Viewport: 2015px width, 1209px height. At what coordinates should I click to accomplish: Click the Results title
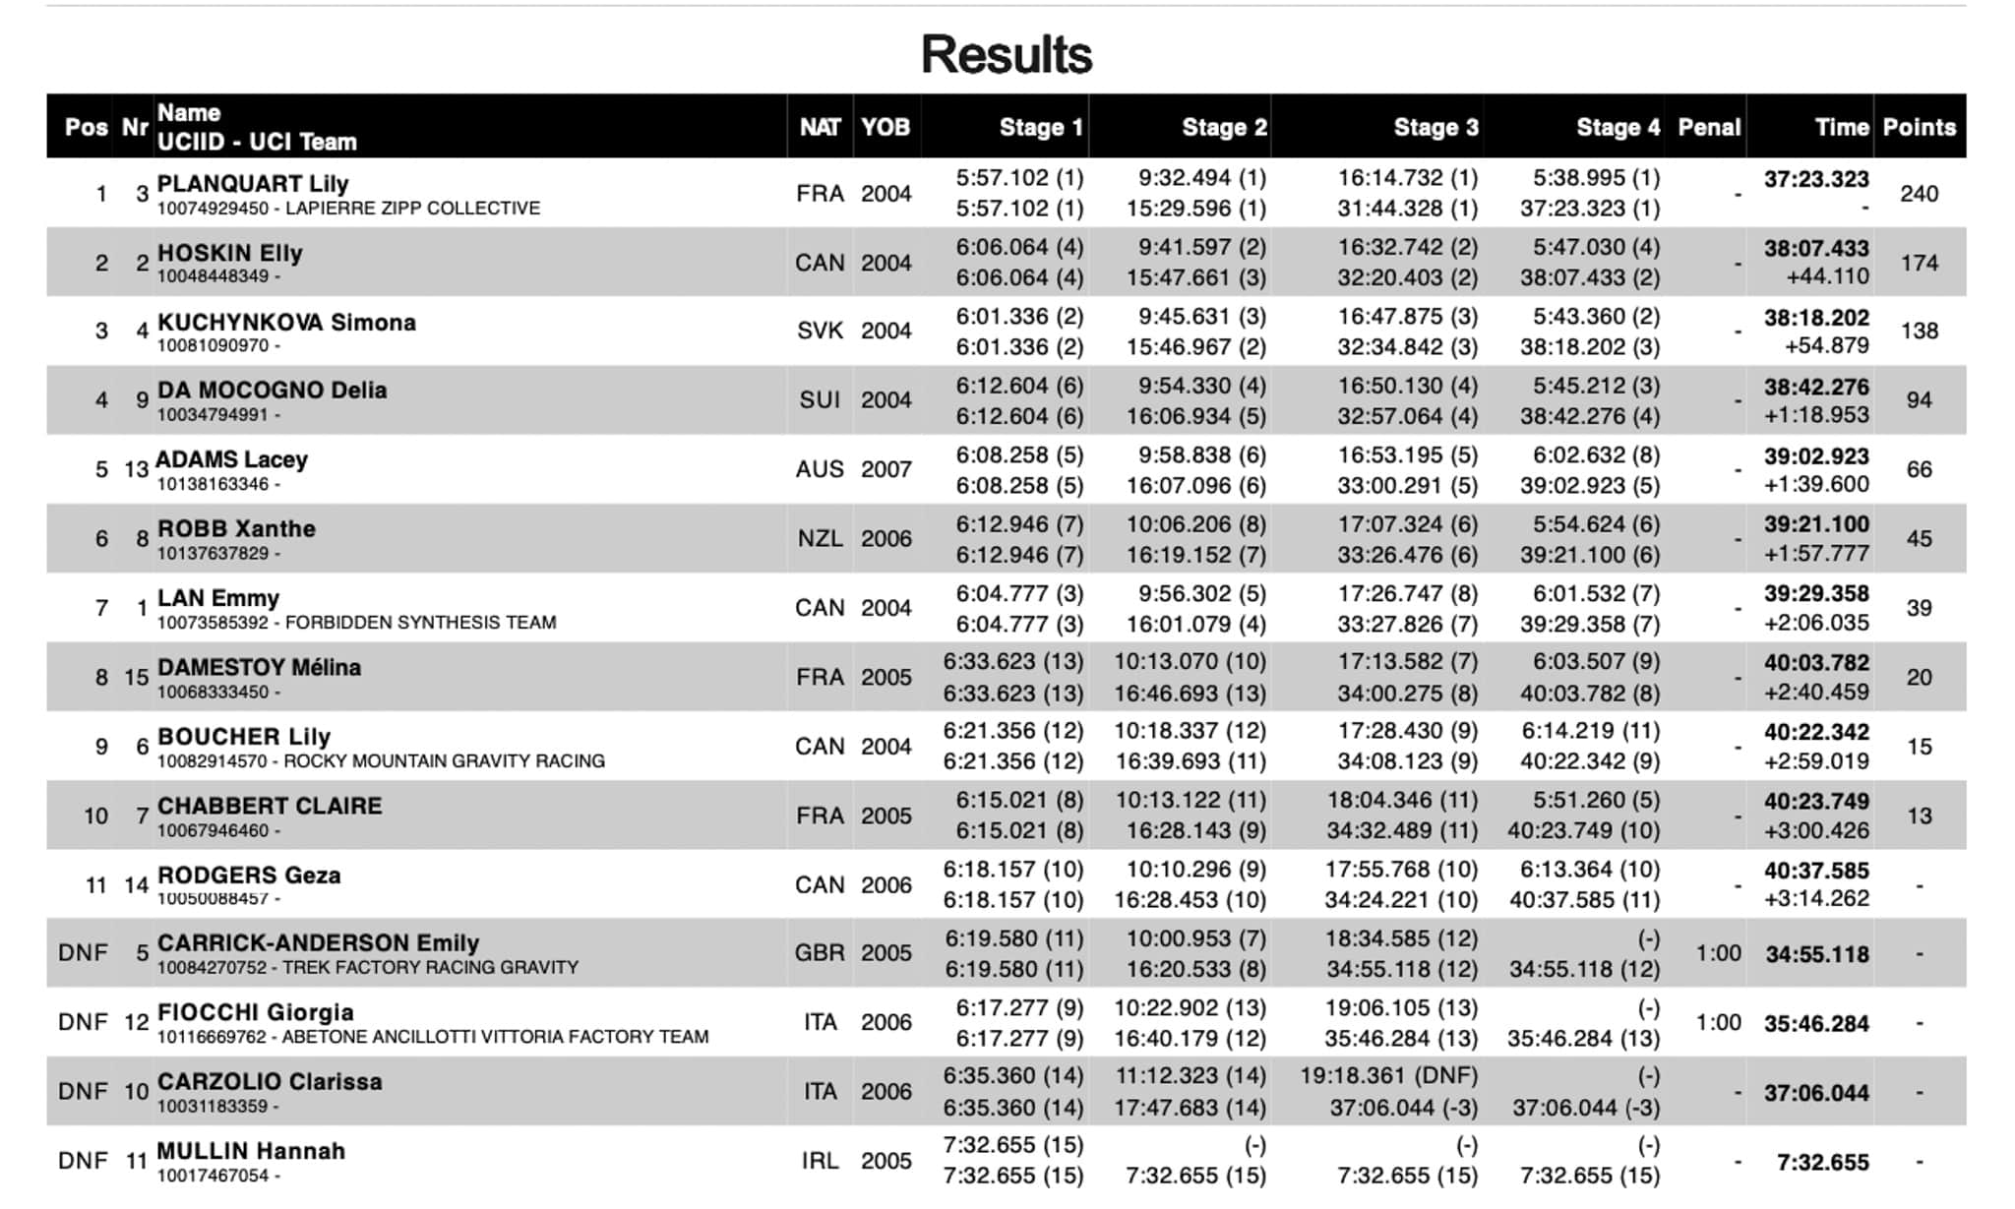[1006, 54]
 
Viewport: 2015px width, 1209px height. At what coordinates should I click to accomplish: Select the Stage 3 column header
[1435, 127]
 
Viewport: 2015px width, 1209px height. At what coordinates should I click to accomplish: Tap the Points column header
[1919, 127]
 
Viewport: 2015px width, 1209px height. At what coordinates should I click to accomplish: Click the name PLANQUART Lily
[253, 184]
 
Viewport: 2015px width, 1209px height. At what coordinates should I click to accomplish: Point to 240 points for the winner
[1919, 194]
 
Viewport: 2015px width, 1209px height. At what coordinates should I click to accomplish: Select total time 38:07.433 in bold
[1815, 248]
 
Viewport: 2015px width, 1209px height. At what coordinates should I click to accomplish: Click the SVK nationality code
[820, 331]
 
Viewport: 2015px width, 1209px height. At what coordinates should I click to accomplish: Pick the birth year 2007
[885, 469]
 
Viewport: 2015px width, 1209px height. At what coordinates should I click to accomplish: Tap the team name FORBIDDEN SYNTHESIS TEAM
[420, 623]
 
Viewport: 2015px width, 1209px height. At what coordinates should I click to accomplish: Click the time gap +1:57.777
[1815, 554]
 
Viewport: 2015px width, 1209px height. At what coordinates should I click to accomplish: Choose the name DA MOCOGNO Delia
[272, 391]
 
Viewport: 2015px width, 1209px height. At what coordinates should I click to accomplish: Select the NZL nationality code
[820, 538]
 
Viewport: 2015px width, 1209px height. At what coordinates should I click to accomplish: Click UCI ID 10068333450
[213, 693]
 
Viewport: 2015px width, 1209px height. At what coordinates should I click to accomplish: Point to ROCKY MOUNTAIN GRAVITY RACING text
[444, 761]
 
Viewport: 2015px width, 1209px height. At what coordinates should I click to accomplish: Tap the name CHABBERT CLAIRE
[270, 806]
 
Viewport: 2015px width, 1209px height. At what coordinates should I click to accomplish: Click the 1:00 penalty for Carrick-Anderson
[1718, 953]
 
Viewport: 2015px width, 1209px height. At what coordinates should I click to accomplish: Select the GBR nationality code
[820, 953]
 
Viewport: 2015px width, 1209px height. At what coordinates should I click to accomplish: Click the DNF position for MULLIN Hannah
[83, 1161]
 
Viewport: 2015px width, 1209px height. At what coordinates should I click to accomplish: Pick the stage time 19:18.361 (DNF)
[1388, 1076]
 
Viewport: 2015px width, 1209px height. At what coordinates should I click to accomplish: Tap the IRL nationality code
[820, 1161]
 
